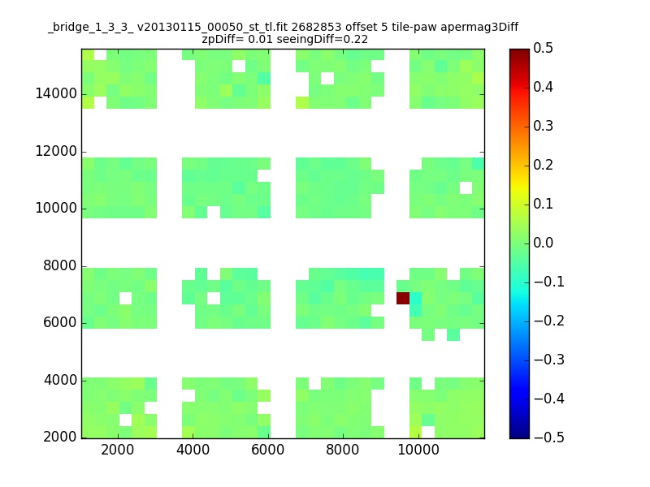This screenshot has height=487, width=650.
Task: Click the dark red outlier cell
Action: click(402, 298)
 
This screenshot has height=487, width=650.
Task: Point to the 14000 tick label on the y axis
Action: click(56, 93)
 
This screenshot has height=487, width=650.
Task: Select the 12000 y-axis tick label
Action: click(56, 151)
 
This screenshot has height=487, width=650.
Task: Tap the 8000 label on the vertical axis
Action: click(60, 265)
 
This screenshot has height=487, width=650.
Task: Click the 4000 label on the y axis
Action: click(60, 380)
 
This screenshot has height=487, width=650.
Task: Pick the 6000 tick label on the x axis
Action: click(268, 450)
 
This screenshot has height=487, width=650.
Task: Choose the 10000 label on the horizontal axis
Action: click(418, 450)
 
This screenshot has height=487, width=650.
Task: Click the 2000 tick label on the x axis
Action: click(117, 450)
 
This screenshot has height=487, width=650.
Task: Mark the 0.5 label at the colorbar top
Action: click(543, 48)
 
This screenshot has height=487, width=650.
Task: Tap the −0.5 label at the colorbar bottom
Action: click(549, 437)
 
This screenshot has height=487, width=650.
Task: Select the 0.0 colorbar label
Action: click(543, 243)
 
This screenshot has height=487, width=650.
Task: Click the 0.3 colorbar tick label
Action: click(543, 126)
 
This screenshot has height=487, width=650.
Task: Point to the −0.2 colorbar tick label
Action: click(549, 321)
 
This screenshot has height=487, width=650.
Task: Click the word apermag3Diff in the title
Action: click(479, 28)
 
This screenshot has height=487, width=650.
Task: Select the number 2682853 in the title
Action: click(316, 28)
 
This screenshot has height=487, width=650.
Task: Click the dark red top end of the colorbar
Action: click(519, 52)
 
